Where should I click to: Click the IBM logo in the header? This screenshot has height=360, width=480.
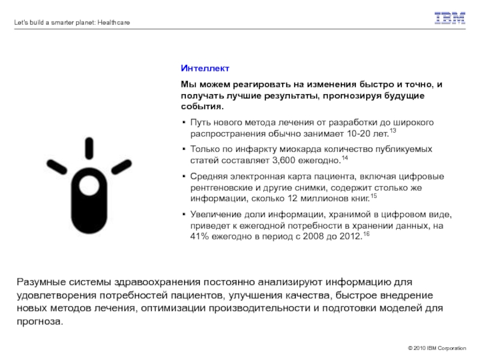(450, 19)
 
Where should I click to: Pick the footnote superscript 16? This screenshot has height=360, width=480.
(366, 233)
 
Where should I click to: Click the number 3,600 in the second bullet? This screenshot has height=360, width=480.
(284, 160)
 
